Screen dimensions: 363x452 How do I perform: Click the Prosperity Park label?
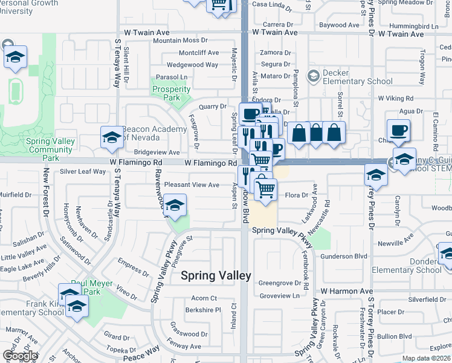(172, 93)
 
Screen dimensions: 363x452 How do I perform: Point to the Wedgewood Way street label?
(192, 65)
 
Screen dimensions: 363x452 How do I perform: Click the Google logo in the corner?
(21, 356)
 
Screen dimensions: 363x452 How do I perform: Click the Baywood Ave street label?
(339, 25)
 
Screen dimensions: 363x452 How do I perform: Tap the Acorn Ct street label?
(204, 298)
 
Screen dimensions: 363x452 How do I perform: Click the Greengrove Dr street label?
(279, 283)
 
